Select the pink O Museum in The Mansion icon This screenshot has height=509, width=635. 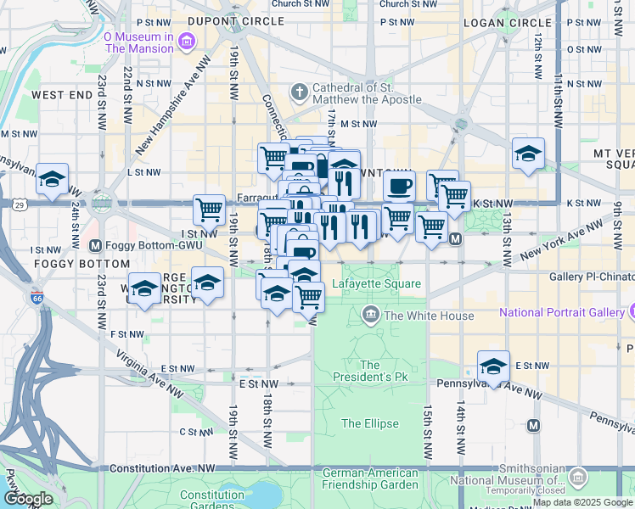188,40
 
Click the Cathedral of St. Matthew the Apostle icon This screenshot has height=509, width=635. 299,90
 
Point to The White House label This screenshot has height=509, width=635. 428,316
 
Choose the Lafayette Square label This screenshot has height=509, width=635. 377,283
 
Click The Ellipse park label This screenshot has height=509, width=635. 369,423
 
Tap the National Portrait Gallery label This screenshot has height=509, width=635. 562,312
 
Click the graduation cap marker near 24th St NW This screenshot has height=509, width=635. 53,180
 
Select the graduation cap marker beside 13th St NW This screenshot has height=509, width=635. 528,154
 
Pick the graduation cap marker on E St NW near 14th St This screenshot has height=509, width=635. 493,366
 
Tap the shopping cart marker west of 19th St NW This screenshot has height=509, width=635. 209,209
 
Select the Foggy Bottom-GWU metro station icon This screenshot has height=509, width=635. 95,246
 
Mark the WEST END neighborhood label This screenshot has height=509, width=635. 62,95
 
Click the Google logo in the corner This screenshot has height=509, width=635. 27,499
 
